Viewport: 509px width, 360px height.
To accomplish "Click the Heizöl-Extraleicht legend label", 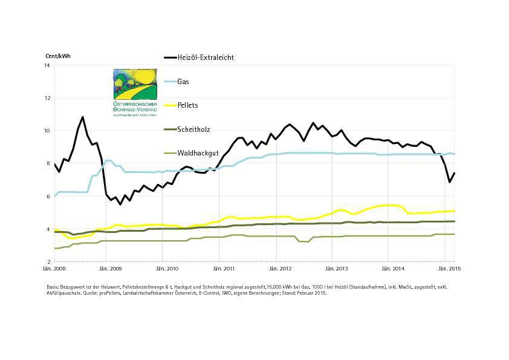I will [x=206, y=57].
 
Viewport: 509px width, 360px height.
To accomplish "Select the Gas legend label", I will [x=183, y=81].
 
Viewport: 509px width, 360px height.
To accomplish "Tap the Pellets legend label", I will [x=187, y=105].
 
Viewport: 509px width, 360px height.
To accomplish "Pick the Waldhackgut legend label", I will [x=196, y=153].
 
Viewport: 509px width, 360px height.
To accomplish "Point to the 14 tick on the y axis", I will [x=48, y=65].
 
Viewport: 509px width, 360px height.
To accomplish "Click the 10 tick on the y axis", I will [x=48, y=131].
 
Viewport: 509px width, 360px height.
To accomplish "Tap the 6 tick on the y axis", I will [x=48, y=197].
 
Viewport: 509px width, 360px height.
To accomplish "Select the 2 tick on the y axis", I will [x=48, y=262].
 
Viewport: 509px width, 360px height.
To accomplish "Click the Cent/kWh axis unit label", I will [x=58, y=56].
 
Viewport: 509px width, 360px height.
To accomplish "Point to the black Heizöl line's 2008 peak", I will [x=83, y=117].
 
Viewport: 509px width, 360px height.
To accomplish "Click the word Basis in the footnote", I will [x=53, y=286].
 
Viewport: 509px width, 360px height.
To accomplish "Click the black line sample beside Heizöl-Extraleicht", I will [x=169, y=57].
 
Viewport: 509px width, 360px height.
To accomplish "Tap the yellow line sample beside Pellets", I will [x=169, y=105].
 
